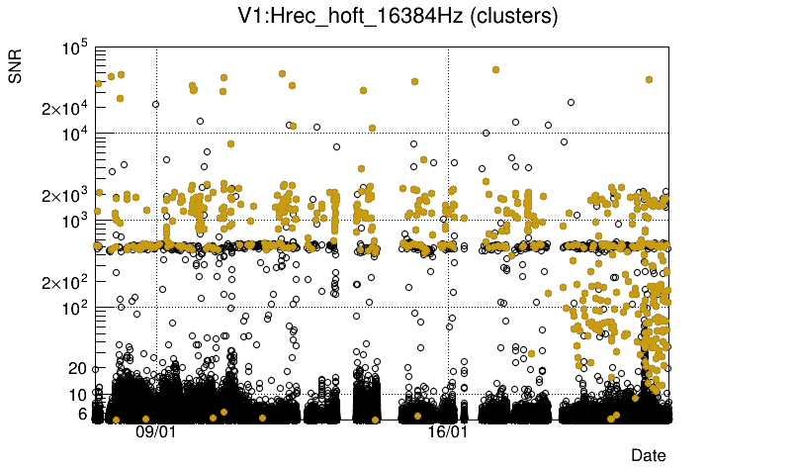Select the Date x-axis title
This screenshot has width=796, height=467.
pos(649,454)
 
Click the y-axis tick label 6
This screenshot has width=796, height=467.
pos(83,414)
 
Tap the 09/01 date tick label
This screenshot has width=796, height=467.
pos(155,432)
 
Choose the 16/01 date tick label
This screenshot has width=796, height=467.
pos(447,432)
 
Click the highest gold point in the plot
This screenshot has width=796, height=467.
pos(495,70)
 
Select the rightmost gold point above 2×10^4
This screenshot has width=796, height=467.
pos(649,79)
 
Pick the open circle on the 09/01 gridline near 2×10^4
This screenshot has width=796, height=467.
pos(155,104)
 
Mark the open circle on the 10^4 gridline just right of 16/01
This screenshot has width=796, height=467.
pos(486,133)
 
